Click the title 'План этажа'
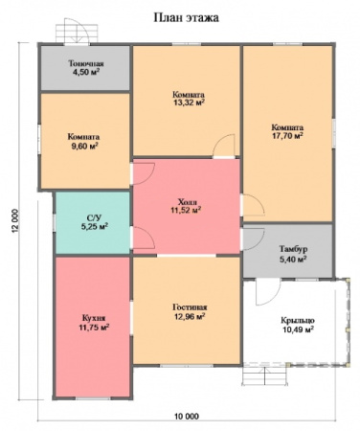point(187,18)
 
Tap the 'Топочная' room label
point(86,63)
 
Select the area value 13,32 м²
point(189,102)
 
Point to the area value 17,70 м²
point(287,135)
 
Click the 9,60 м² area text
point(83,147)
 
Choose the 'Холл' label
point(188,202)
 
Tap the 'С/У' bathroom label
point(94,218)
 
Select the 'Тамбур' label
point(293,249)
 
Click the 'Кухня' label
point(94,318)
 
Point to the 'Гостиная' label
point(190,307)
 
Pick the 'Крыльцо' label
point(298,320)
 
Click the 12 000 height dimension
point(15,221)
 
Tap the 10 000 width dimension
point(187,417)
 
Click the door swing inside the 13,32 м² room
point(224,146)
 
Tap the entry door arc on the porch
point(268,292)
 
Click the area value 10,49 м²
point(298,329)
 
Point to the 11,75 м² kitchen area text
point(94,328)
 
